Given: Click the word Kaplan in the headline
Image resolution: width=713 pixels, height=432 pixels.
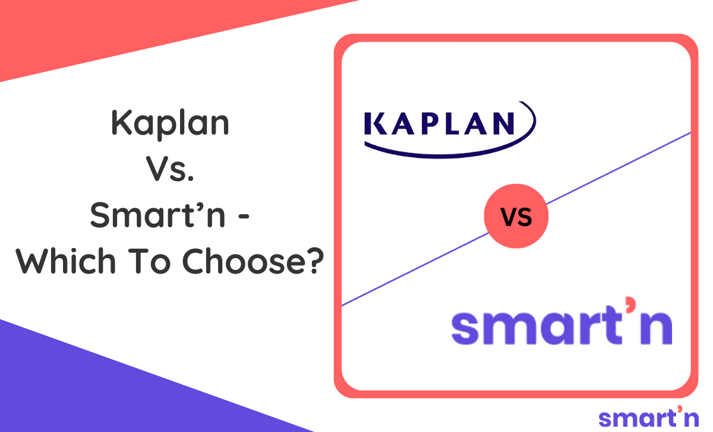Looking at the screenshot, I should [170, 123].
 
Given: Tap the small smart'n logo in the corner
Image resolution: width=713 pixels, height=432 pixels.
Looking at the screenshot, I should [648, 417].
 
